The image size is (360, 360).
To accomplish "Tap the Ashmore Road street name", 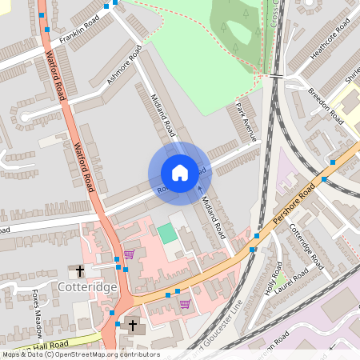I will pos(124,66).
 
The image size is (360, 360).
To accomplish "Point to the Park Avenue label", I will pos(246,122).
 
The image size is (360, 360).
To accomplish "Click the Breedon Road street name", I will pos(325,102).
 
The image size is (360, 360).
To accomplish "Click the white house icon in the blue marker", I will pos(180,172).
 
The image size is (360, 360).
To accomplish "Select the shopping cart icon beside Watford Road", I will pos(129,254).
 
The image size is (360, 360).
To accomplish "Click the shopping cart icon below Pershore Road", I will pos(186,304).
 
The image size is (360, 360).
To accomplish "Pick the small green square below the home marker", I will pos(166,234).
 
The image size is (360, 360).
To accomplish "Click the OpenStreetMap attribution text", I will pos(80,354).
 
